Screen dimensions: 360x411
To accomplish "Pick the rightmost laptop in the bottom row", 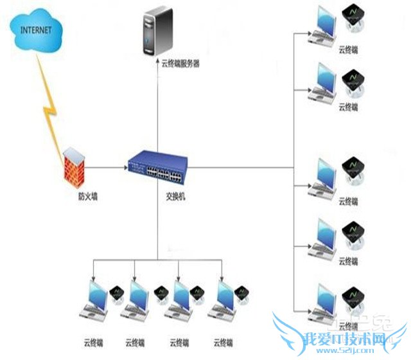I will (x=226, y=300).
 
